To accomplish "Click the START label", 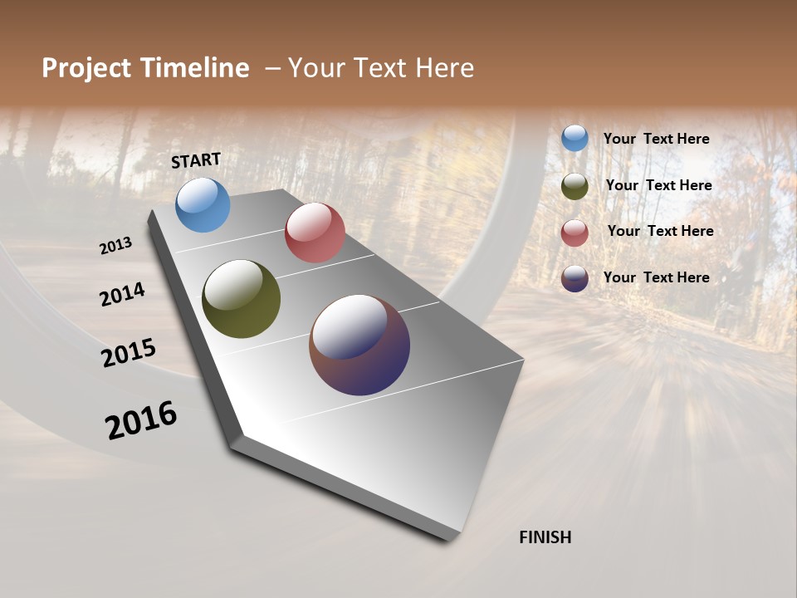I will [x=196, y=160].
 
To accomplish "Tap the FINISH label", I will [x=545, y=537].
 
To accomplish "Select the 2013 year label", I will [x=115, y=246].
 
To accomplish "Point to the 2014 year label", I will [x=122, y=294].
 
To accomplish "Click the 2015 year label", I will [x=129, y=352].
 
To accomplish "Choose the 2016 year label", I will [x=141, y=420].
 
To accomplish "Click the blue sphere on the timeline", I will [x=203, y=205].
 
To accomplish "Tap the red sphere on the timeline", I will [x=315, y=233].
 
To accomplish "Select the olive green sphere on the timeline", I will [x=241, y=299].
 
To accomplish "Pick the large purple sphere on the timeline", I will [x=359, y=345].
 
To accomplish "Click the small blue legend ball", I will [x=575, y=139].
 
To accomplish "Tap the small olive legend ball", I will [x=575, y=186].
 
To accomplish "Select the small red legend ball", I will [x=575, y=233].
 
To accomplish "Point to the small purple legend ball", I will [x=575, y=279].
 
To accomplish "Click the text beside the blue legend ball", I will [x=656, y=140].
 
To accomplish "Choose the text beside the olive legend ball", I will [x=658, y=185].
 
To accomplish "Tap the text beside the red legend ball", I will [x=660, y=231].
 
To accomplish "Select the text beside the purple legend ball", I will [x=656, y=277].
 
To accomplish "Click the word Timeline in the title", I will [x=196, y=68].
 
